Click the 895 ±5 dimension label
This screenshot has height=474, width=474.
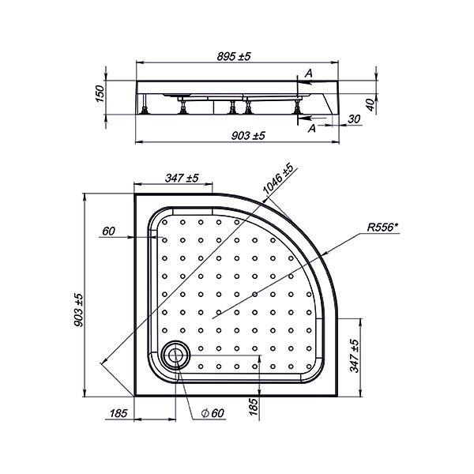pyautogui.click(x=234, y=56)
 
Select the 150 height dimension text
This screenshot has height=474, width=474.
pyautogui.click(x=100, y=94)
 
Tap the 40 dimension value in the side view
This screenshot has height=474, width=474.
pyautogui.click(x=371, y=105)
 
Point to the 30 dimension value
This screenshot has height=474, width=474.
pyautogui.click(x=354, y=119)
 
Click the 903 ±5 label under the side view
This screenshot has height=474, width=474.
pyautogui.click(x=248, y=136)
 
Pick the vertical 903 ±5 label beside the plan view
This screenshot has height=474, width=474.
pyautogui.click(x=78, y=310)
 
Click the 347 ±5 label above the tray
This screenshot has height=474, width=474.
pyautogui.click(x=182, y=178)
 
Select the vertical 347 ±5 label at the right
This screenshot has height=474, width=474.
pyautogui.click(x=354, y=355)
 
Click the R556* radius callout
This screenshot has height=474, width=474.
pyautogui.click(x=382, y=227)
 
